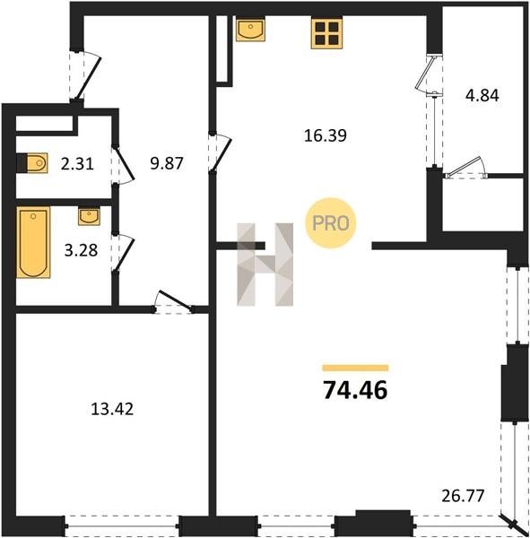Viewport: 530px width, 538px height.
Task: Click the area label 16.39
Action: [325, 136]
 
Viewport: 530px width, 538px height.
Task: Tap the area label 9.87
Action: [167, 164]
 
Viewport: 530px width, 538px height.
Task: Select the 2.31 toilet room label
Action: [77, 164]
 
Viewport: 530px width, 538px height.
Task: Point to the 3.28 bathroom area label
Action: [81, 250]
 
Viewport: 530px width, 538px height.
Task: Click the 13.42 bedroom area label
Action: [112, 409]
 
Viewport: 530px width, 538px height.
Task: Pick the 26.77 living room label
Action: [463, 496]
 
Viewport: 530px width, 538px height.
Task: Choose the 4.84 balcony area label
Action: [482, 96]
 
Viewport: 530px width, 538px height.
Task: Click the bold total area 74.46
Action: [355, 390]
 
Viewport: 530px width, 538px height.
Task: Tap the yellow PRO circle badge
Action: [331, 223]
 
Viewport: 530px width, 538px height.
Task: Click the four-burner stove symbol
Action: [326, 33]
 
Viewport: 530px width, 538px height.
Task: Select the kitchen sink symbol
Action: [250, 30]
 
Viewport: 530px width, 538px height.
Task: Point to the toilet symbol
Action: [32, 163]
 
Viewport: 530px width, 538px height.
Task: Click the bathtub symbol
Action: [33, 242]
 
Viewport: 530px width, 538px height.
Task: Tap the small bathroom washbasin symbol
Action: [90, 216]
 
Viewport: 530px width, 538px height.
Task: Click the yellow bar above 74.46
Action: [355, 369]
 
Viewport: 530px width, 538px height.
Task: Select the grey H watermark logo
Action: [265, 265]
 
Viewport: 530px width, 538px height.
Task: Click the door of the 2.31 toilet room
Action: [125, 166]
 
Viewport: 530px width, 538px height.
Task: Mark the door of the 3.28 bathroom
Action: [125, 253]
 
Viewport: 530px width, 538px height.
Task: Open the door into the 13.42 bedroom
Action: [174, 301]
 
